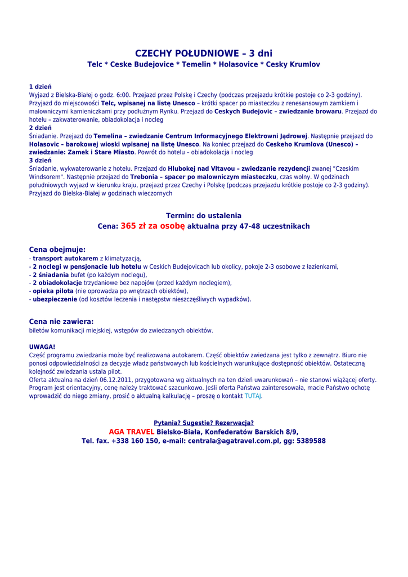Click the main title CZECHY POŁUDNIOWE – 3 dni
(x=204, y=54)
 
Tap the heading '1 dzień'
(x=41, y=87)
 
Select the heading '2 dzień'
(x=41, y=128)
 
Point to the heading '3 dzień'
(x=41, y=161)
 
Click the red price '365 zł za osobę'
(x=153, y=226)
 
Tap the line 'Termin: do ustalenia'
(x=204, y=216)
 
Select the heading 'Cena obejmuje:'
(x=57, y=250)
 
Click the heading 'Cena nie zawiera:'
(x=61, y=322)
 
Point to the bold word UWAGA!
(x=42, y=347)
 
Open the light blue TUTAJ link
(x=253, y=396)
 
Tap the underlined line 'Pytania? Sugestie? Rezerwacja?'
(x=204, y=423)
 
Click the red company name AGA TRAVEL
(x=132, y=432)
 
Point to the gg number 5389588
(x=311, y=441)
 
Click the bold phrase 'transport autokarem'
(x=65, y=259)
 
